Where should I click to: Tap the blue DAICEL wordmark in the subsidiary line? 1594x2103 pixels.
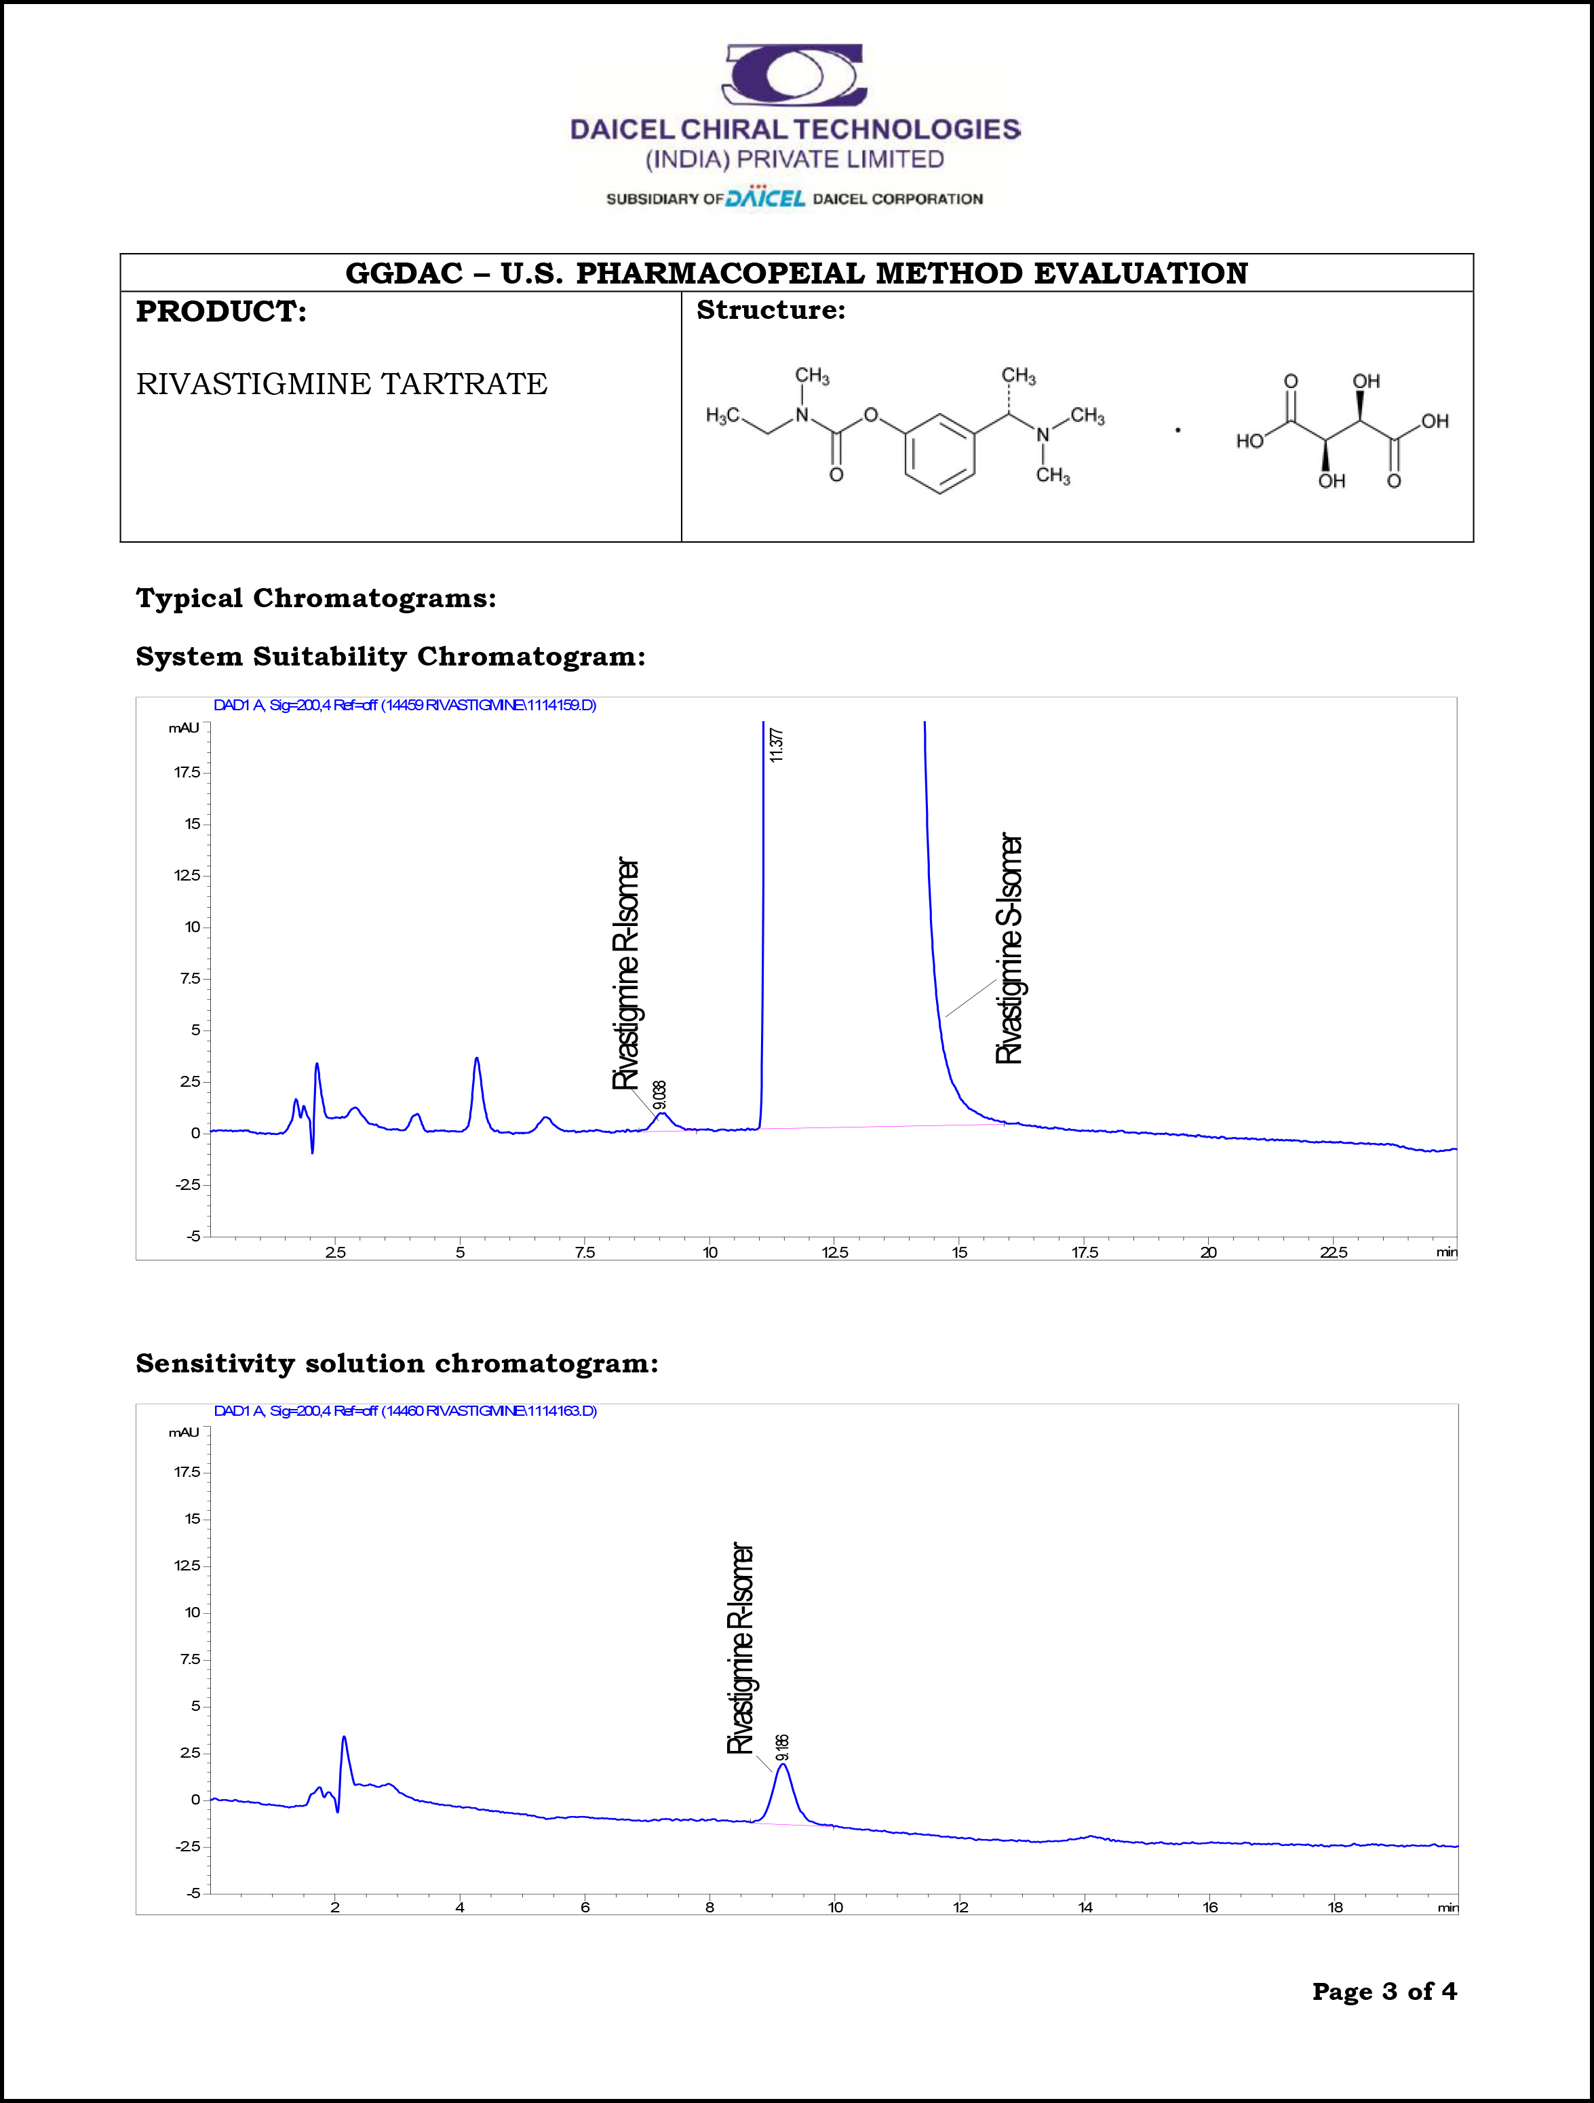point(765,198)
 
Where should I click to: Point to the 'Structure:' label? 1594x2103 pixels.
point(770,310)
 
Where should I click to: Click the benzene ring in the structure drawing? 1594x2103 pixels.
point(939,452)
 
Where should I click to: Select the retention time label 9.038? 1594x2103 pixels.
point(660,1095)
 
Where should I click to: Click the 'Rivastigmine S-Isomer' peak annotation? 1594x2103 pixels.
point(1009,949)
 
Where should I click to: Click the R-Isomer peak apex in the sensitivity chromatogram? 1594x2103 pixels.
point(782,1764)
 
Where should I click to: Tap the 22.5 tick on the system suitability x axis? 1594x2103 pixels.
point(1333,1252)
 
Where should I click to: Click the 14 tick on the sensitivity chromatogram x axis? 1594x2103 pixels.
point(1085,1906)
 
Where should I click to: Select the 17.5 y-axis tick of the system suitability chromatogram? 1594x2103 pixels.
point(187,772)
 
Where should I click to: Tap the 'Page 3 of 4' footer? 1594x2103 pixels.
point(1383,1991)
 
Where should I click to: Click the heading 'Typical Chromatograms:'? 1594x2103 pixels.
point(315,598)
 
